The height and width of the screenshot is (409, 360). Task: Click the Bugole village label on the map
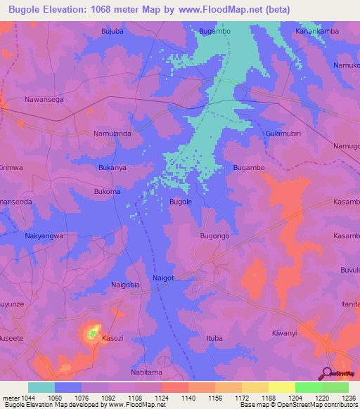point(181,202)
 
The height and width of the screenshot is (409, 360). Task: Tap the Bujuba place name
point(112,31)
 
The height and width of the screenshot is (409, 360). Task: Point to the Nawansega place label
point(44,100)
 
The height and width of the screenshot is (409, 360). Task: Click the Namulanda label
point(112,133)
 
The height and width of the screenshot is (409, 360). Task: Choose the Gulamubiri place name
point(283,133)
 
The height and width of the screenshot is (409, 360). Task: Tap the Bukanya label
point(112,168)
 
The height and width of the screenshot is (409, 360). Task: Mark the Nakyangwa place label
point(44,236)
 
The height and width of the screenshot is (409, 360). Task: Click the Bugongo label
point(215,236)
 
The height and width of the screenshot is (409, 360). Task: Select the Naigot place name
point(164,279)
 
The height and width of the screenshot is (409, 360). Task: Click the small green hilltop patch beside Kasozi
point(92,331)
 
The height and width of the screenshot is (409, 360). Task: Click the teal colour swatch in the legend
point(41,387)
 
